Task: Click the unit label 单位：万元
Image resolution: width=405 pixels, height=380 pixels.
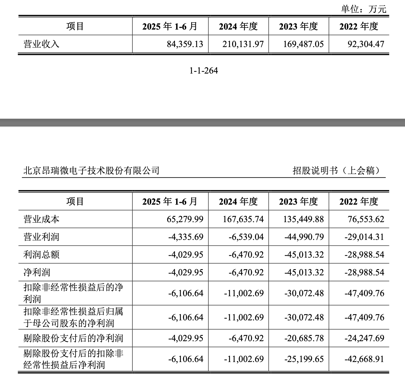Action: pos(363,9)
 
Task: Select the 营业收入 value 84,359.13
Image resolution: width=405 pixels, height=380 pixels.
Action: pos(185,44)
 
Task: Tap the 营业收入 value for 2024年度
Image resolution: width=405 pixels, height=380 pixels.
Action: pos(243,44)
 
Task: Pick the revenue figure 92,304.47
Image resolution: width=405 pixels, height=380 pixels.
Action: pos(366,44)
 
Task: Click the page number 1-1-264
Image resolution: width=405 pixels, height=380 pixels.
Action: pos(204,70)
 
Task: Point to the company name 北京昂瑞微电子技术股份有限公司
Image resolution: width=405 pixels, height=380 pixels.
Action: pos(91,170)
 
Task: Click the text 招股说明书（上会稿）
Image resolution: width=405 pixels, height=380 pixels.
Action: pos(336,170)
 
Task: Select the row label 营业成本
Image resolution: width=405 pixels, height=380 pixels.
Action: pos(41,219)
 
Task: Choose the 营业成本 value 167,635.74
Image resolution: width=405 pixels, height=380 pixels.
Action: pos(243,219)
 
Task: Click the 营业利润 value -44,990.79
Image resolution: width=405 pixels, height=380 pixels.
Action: pos(304,237)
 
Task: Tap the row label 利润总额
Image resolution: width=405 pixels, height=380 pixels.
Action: pos(41,255)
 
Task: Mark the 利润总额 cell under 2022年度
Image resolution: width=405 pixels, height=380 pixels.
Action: pos(364,255)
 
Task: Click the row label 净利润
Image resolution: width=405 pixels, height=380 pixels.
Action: pos(37,272)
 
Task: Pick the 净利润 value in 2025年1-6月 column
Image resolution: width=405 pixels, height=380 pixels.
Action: pos(186,272)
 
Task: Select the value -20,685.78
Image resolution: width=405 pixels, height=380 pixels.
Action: pos(304,338)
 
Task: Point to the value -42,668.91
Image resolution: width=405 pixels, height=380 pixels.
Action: pos(364,359)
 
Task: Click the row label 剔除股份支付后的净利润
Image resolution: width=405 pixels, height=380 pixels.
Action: pos(73,338)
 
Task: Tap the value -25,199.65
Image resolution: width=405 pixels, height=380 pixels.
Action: pos(304,359)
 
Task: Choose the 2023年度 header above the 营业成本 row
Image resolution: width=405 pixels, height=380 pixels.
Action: pos(299,202)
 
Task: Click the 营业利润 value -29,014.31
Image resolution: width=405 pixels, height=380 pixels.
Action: pos(364,237)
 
